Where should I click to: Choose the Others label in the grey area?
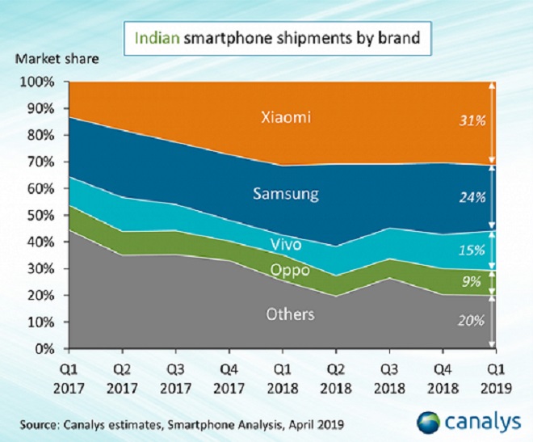(290, 314)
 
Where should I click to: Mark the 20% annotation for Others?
(472, 320)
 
